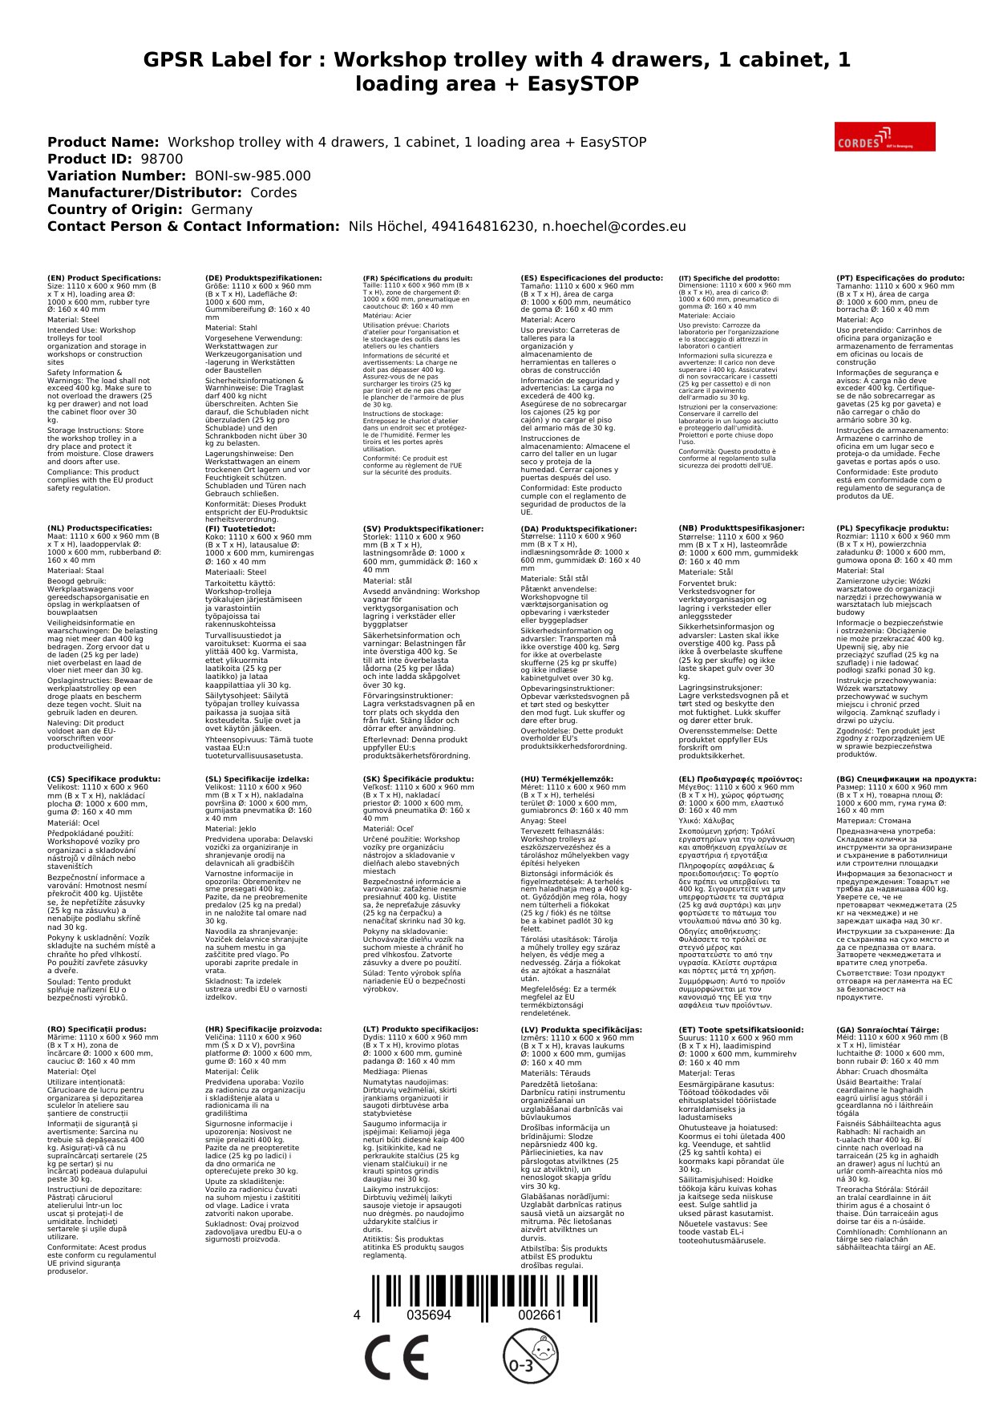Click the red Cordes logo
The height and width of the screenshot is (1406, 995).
[884, 136]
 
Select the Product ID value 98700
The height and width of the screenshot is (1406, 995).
[161, 159]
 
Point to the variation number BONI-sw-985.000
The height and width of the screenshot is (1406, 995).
[253, 176]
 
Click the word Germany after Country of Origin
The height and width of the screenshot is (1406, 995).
[221, 209]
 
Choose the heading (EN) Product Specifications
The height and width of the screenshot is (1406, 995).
[103, 278]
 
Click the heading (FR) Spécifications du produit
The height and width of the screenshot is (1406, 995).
[418, 278]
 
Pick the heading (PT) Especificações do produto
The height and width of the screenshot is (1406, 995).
[900, 278]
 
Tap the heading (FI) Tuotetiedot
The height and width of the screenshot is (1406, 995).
[240, 529]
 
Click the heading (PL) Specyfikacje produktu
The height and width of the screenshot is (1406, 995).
[892, 529]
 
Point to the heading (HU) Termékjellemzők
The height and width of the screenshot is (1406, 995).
[567, 779]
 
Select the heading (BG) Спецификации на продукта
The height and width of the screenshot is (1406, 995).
[906, 779]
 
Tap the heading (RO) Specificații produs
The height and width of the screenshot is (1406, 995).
[97, 1029]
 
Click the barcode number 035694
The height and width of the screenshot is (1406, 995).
[429, 1315]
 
